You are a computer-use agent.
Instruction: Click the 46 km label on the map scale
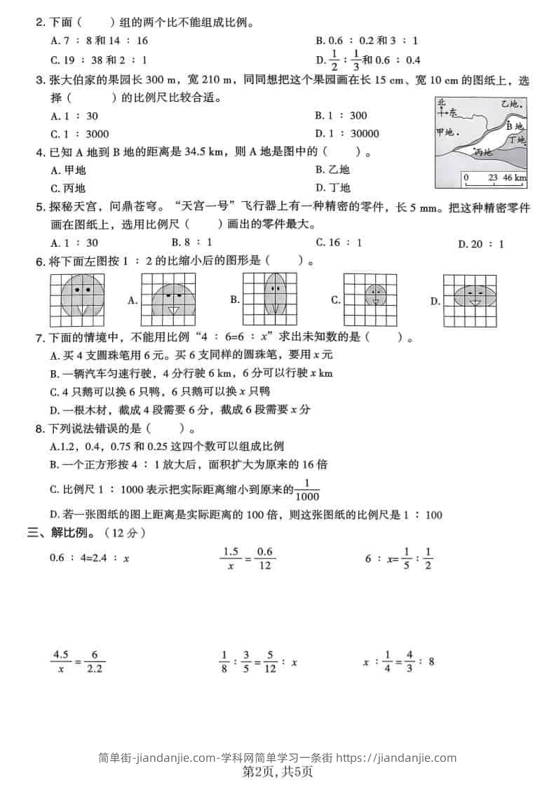click(x=514, y=178)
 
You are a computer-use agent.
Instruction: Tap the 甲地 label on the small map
click(x=447, y=132)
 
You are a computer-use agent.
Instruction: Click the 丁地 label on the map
click(x=517, y=140)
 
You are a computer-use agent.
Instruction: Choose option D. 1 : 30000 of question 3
click(x=347, y=134)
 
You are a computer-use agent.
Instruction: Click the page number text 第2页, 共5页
click(x=278, y=772)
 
